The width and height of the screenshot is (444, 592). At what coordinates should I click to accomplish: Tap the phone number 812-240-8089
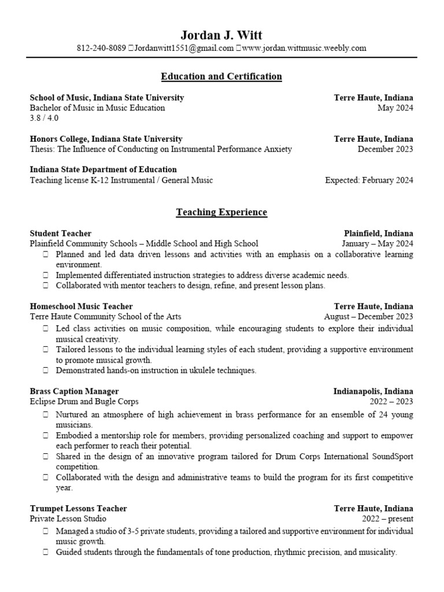click(x=101, y=49)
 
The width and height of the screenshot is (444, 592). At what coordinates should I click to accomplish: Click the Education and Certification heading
click(x=221, y=76)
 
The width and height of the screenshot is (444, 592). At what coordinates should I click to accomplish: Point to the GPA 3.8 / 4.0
click(x=44, y=118)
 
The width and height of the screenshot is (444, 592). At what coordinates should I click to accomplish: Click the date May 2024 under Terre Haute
click(x=395, y=108)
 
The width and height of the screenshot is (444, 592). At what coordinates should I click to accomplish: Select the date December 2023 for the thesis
click(x=386, y=149)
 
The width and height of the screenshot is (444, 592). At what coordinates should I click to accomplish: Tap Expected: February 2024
click(x=369, y=180)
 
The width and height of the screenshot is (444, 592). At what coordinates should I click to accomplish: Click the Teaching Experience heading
click(x=221, y=212)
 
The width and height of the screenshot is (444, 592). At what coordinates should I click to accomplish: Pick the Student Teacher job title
click(x=60, y=234)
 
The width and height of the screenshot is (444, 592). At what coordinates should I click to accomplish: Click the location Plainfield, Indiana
click(x=379, y=234)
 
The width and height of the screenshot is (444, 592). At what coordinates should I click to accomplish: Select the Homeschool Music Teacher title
click(x=81, y=306)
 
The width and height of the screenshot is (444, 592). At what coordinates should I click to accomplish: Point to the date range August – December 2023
click(x=368, y=316)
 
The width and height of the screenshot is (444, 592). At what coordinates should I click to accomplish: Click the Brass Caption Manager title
click(x=74, y=391)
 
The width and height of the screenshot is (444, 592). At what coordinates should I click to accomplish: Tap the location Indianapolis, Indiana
click(x=373, y=391)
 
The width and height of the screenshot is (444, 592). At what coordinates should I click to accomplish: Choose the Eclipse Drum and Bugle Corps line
click(x=84, y=401)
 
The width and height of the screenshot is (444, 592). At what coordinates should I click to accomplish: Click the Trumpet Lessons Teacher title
click(x=78, y=509)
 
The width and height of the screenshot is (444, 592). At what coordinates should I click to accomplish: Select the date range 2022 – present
click(x=387, y=519)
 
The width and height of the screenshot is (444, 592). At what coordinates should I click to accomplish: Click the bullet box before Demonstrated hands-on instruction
click(x=46, y=370)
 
